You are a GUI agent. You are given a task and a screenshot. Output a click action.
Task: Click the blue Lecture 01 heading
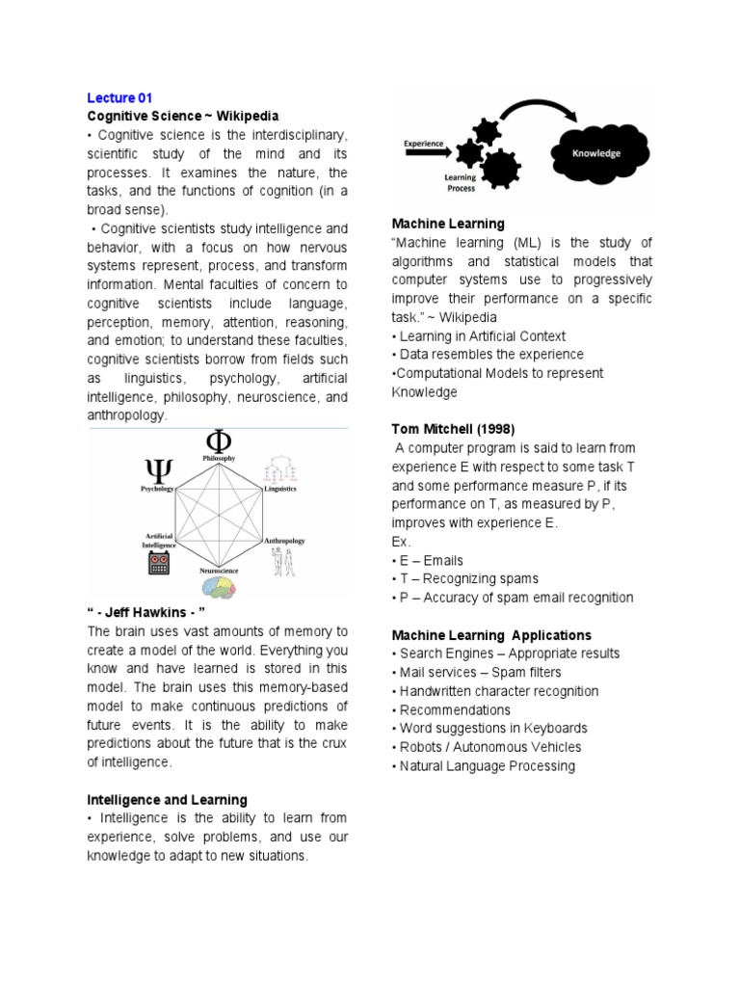[119, 97]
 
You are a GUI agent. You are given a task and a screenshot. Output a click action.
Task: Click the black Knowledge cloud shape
[597, 152]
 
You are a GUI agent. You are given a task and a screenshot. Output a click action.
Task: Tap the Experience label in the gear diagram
[423, 144]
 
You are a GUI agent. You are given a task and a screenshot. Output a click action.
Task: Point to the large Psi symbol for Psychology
[158, 471]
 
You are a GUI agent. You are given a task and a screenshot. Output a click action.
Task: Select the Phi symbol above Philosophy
[219, 441]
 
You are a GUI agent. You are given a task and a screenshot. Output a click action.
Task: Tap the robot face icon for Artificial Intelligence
[159, 564]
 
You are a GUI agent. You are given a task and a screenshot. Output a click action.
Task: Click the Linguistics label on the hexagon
[279, 489]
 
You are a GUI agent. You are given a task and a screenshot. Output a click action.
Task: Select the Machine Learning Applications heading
[491, 635]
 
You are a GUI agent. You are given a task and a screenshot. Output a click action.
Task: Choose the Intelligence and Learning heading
[168, 800]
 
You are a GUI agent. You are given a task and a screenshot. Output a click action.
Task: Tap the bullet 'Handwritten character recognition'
[495, 691]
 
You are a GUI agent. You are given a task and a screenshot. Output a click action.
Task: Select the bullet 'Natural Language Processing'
[484, 765]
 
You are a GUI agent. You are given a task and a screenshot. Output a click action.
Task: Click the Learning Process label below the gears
[461, 183]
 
